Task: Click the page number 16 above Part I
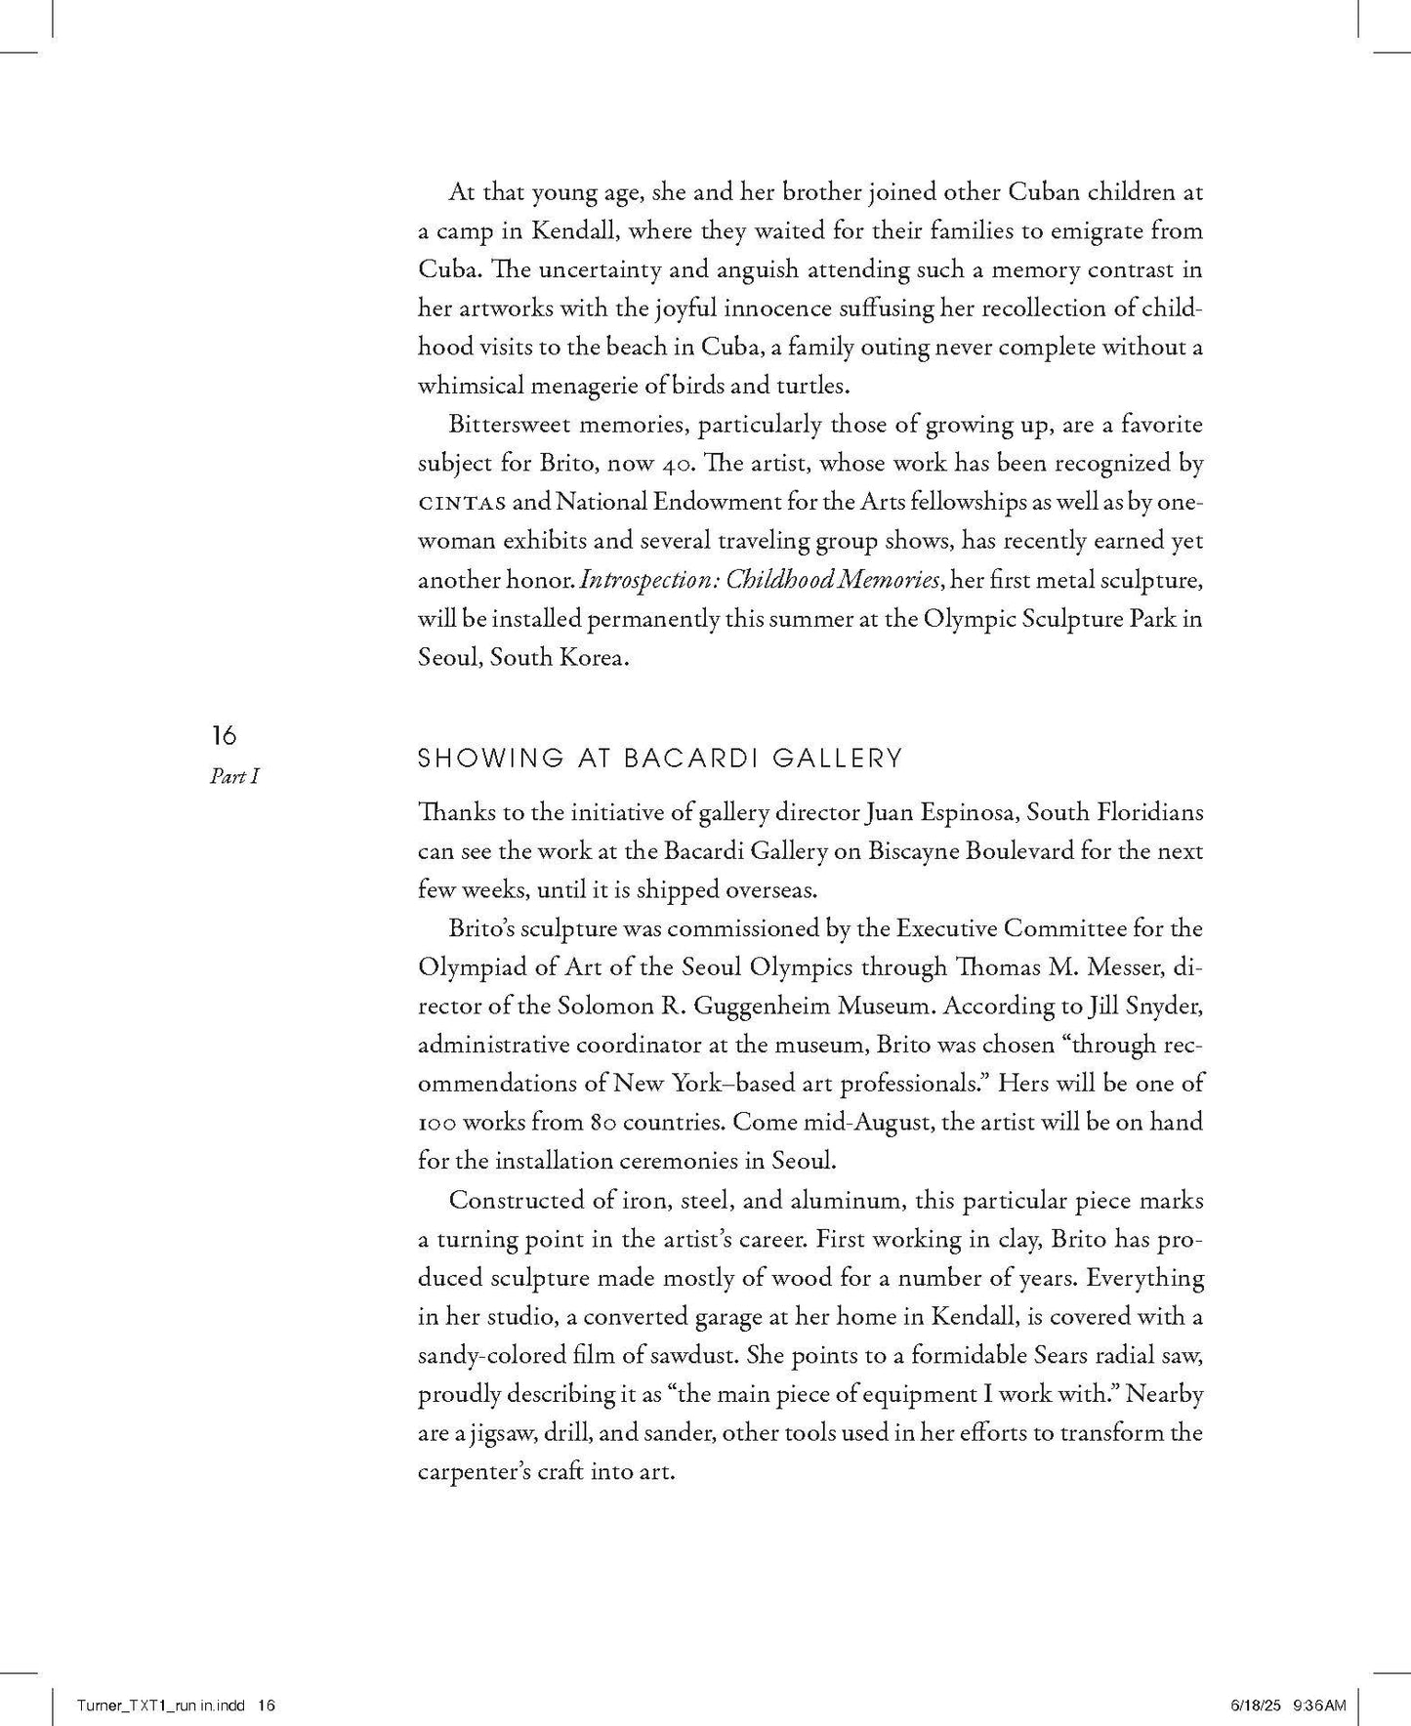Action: pyautogui.click(x=224, y=735)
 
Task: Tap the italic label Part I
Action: pyautogui.click(x=234, y=777)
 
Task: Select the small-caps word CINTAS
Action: pyautogui.click(x=462, y=503)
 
